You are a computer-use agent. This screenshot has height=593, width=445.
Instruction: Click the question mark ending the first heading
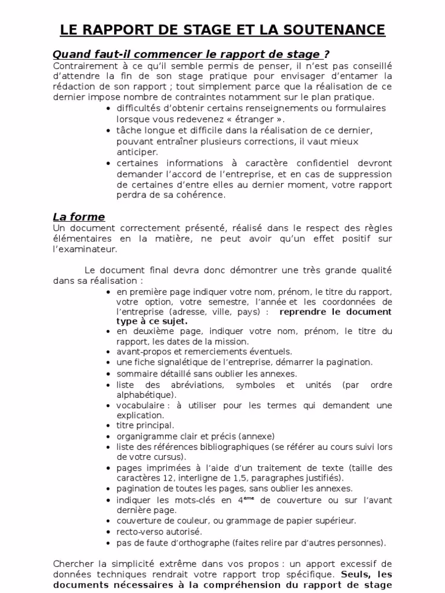click(327, 54)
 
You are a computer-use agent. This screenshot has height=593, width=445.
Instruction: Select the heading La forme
click(79, 217)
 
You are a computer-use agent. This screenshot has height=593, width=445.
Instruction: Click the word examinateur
click(87, 249)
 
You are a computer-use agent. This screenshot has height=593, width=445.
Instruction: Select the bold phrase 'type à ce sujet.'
click(152, 321)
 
